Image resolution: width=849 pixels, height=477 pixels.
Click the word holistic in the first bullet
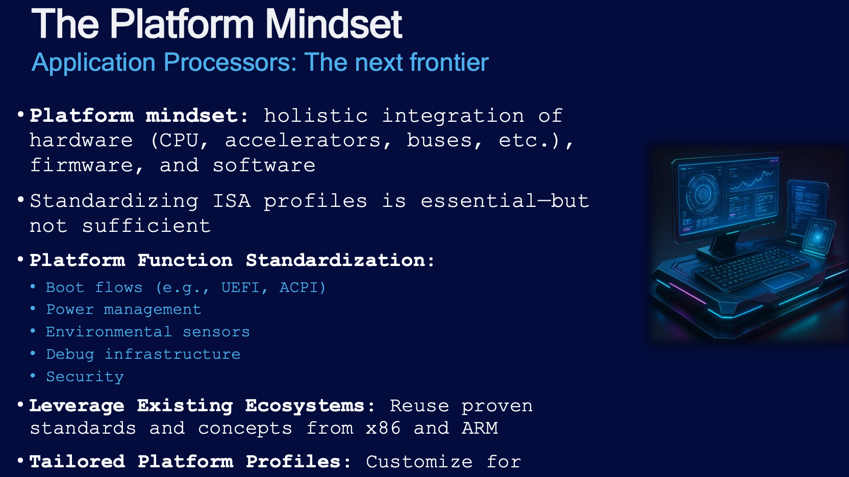pos(316,116)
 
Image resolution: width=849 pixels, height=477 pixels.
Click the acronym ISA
pos(232,201)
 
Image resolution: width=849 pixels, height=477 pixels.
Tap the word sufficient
pos(146,226)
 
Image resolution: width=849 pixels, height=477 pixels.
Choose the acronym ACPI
pos(303,288)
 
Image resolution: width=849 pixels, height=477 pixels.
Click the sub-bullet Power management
pos(123,310)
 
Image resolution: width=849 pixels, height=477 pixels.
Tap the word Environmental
pos(109,332)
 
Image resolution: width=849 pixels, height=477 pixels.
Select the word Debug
pos(70,355)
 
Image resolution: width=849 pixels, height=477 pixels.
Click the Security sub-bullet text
pos(85,377)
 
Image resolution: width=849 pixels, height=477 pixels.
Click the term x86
pos(383,428)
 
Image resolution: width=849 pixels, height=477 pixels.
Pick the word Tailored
pos(77,462)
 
